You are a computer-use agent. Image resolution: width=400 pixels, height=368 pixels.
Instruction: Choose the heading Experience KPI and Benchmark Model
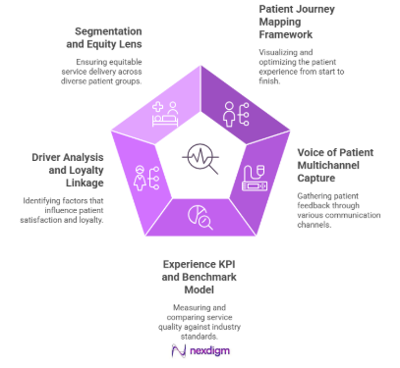pyautogui.click(x=200, y=278)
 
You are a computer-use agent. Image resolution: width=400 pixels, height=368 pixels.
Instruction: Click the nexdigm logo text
pyautogui.click(x=200, y=350)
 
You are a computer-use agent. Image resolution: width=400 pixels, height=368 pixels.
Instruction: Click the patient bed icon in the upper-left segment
pyautogui.click(x=164, y=119)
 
